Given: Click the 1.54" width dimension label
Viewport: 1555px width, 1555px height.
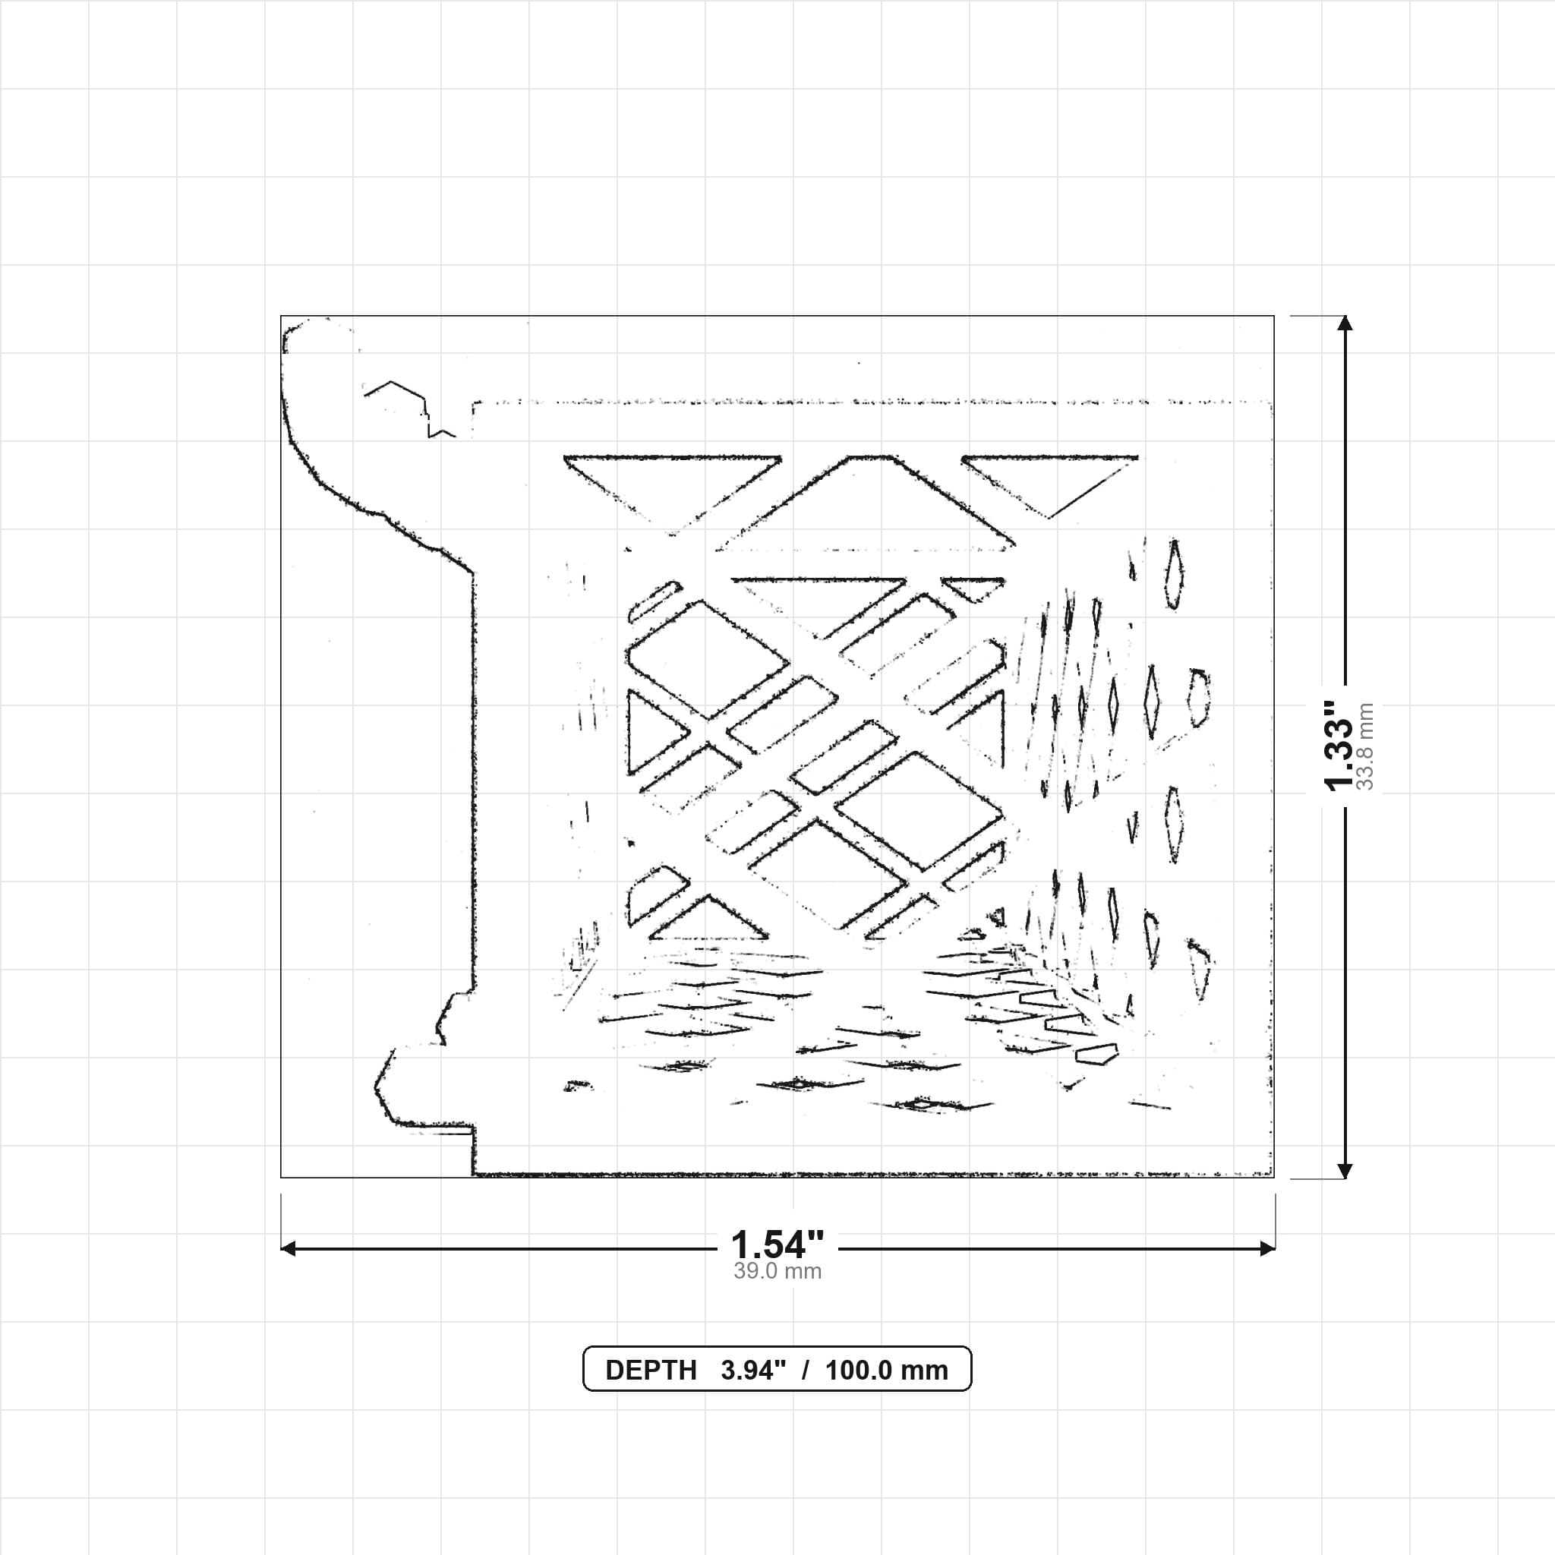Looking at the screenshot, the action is coord(777,1245).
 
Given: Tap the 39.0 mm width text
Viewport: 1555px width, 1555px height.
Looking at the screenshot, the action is coord(777,1272).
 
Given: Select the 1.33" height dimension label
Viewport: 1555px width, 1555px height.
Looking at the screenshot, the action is coord(1339,746).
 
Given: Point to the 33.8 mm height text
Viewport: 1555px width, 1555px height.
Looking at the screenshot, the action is coord(1365,746).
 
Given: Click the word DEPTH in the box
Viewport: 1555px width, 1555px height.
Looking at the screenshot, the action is coord(651,1370).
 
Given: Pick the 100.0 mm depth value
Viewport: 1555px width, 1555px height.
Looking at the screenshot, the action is coord(886,1370).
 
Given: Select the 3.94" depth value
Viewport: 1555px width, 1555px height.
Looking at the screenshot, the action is coord(752,1370).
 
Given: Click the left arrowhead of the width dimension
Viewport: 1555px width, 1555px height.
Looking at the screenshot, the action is coord(288,1248).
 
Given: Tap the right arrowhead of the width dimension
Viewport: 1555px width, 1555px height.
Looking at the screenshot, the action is coord(1267,1248).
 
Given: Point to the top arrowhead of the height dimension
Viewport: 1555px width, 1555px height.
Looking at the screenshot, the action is coord(1344,323).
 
